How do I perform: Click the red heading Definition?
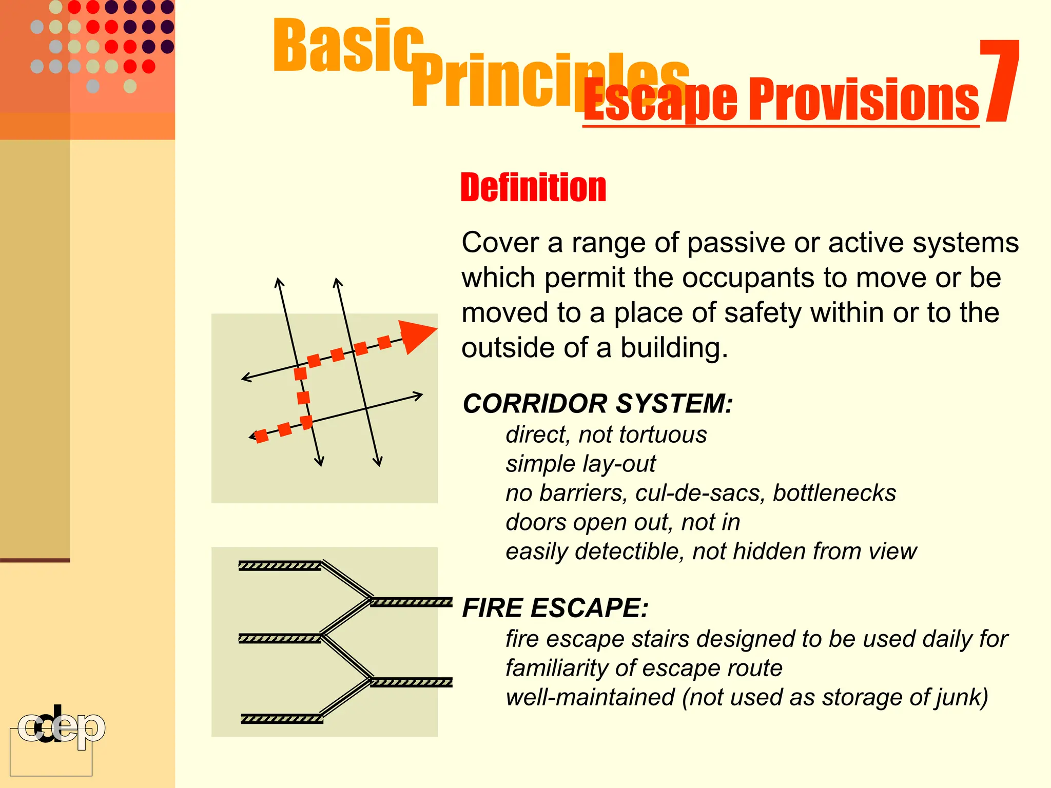[533, 188]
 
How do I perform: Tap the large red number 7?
[998, 82]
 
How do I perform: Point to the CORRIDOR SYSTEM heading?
[597, 403]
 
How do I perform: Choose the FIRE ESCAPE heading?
[555, 608]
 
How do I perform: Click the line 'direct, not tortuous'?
[606, 435]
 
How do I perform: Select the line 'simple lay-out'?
[580, 464]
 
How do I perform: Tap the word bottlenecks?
[834, 493]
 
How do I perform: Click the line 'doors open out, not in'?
[622, 522]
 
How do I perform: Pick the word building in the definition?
[673, 348]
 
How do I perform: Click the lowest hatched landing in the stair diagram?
[282, 719]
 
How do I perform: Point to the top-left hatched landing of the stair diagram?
[280, 566]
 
